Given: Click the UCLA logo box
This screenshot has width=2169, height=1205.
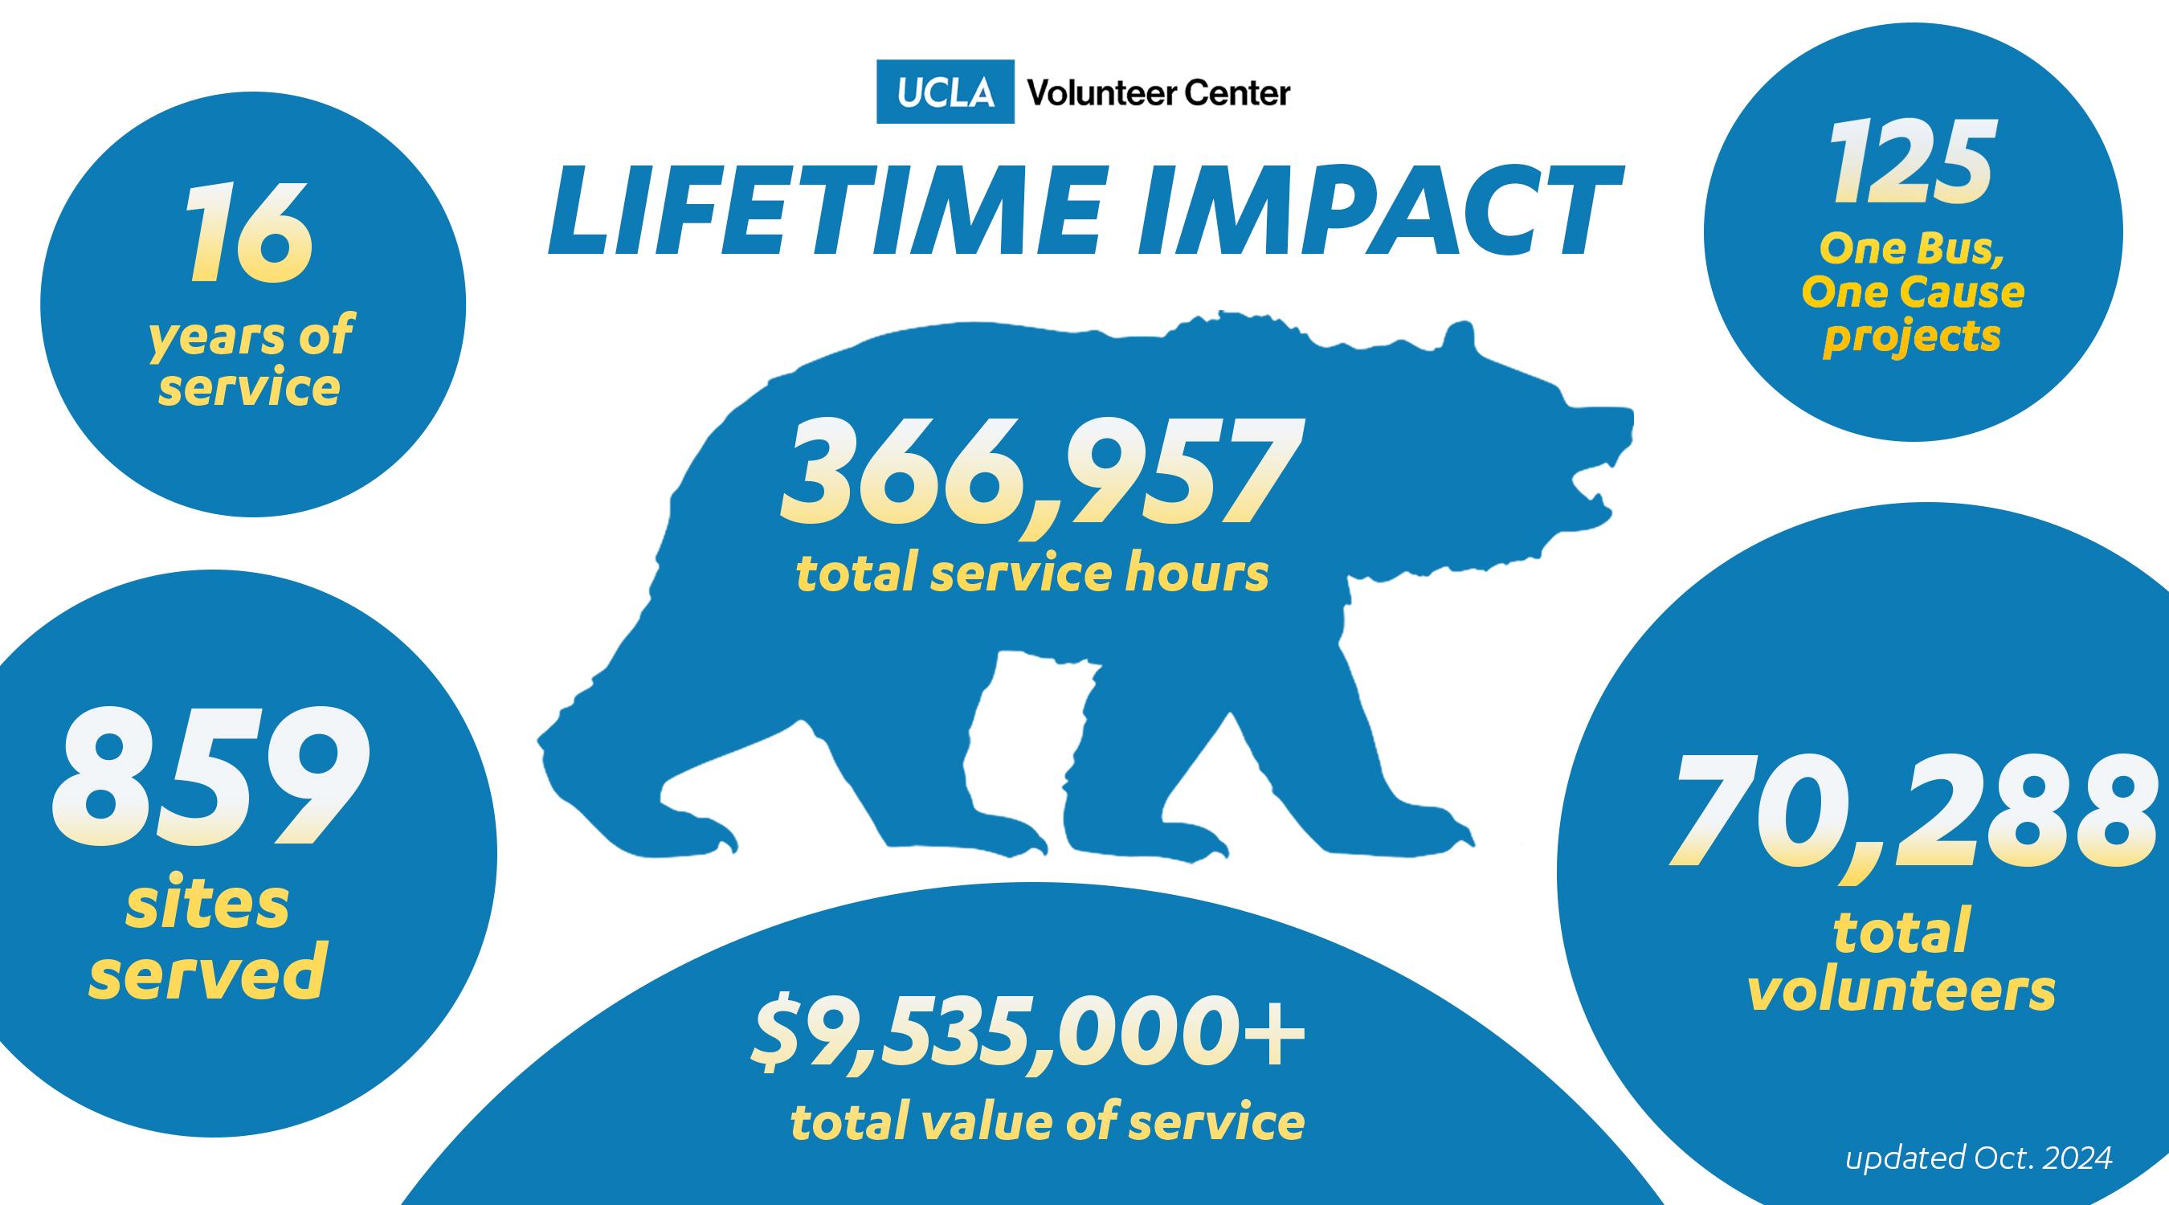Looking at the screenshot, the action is pos(945,92).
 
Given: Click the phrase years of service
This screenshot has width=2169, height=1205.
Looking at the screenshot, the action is pos(250,361).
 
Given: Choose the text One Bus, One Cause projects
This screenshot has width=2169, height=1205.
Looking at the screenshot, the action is pos(1913,294).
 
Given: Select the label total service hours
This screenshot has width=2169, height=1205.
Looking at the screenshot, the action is pos(1033,575).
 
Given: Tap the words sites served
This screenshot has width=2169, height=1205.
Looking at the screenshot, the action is pos(207,942).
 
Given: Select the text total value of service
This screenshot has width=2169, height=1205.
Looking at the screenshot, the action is pos(1048,1122).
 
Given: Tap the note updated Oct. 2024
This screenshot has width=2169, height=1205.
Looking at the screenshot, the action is pos(1979,1157).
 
